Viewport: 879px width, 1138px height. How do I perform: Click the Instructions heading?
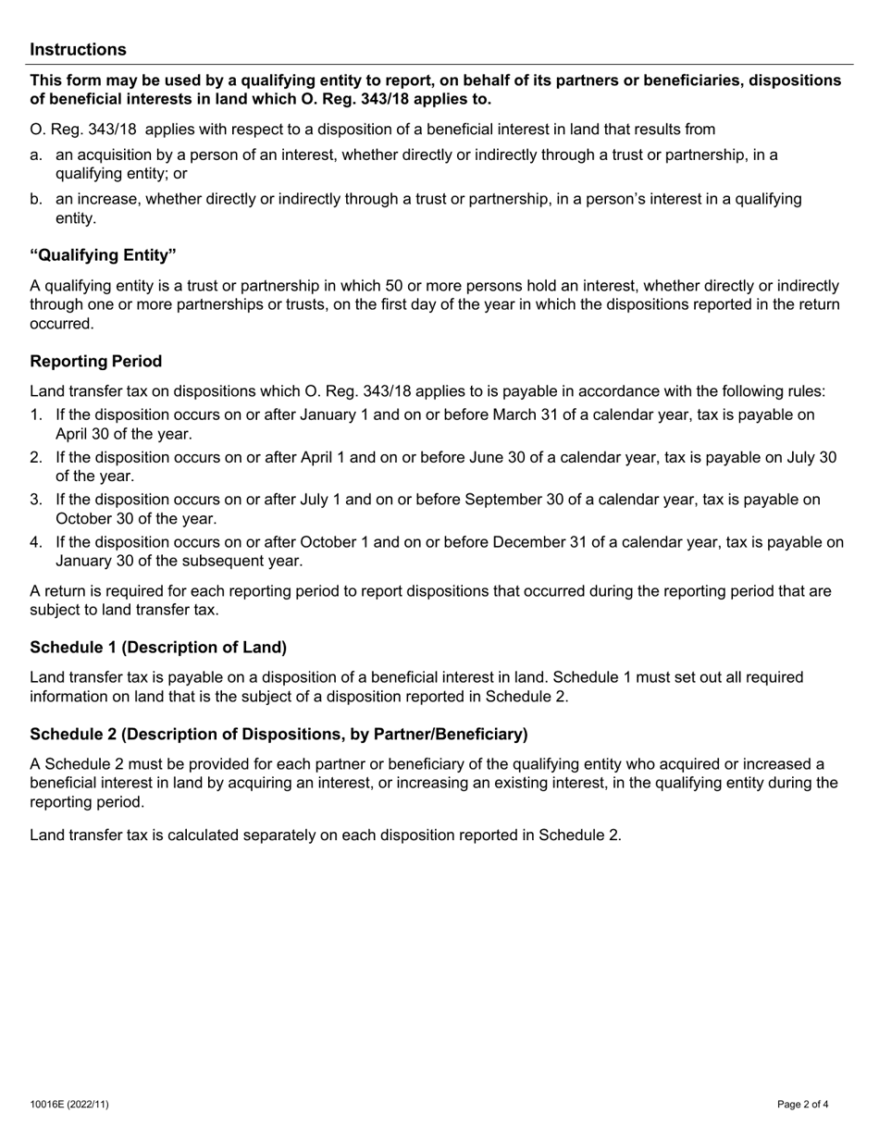pyautogui.click(x=78, y=50)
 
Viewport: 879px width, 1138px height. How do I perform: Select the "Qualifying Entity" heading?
pyautogui.click(x=103, y=254)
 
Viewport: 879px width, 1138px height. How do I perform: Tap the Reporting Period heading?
pyautogui.click(x=95, y=361)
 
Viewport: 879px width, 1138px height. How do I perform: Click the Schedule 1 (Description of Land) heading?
pyautogui.click(x=158, y=647)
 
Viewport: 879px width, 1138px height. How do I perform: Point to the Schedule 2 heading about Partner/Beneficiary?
pyautogui.click(x=279, y=735)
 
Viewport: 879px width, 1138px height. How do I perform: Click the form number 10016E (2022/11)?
pyautogui.click(x=68, y=1104)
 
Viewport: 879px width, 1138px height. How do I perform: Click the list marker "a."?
pyautogui.click(x=37, y=155)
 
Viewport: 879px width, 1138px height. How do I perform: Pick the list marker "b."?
pyautogui.click(x=37, y=199)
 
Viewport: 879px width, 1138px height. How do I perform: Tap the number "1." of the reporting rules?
pyautogui.click(x=37, y=414)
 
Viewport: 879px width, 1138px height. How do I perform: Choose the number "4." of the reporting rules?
pyautogui.click(x=37, y=542)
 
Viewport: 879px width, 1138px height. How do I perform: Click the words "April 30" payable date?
pyautogui.click(x=83, y=433)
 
